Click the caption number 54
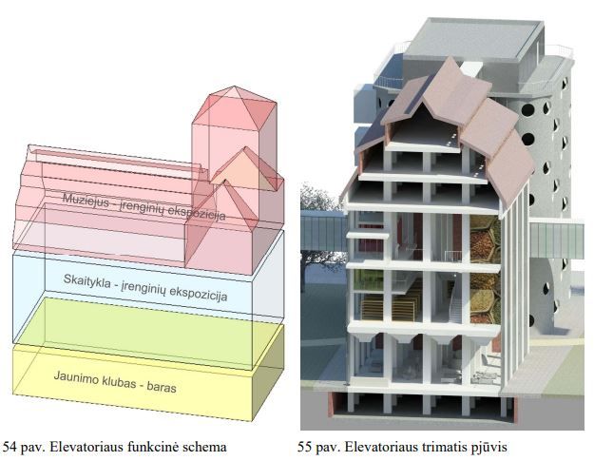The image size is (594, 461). pos(10,445)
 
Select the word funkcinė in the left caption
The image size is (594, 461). pos(159,445)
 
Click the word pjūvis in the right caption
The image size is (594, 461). pos(494,445)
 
